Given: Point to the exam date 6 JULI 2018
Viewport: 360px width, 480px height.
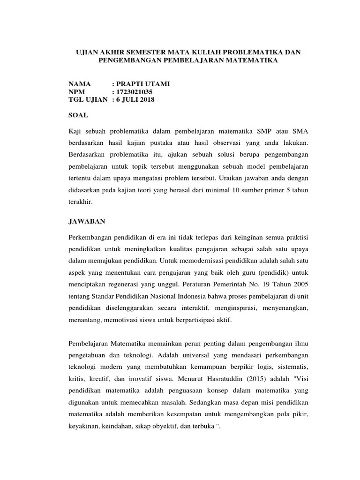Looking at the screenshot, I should click(136, 100).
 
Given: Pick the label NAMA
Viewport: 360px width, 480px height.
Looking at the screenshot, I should click(80, 84).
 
